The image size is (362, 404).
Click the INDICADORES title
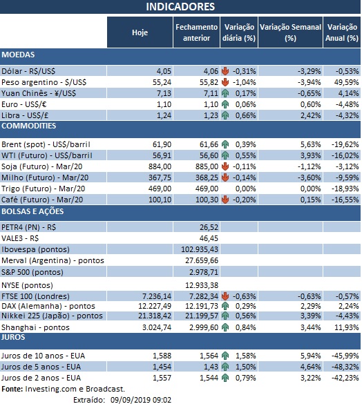point(180,7)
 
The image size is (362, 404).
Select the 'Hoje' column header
point(140,32)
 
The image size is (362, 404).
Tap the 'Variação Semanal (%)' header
point(290,32)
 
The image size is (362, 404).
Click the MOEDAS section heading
point(19,54)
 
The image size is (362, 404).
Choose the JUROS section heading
point(15,338)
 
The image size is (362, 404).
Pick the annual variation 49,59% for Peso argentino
point(345,81)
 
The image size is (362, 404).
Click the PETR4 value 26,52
point(208,227)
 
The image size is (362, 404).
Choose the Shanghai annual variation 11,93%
point(345,327)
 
